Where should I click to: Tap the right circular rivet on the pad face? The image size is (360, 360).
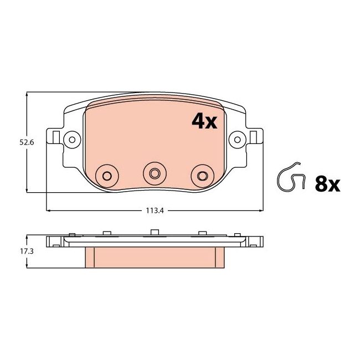[201, 175]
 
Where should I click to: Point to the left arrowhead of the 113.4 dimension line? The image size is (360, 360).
[49, 210]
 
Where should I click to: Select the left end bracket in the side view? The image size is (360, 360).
[55, 241]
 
